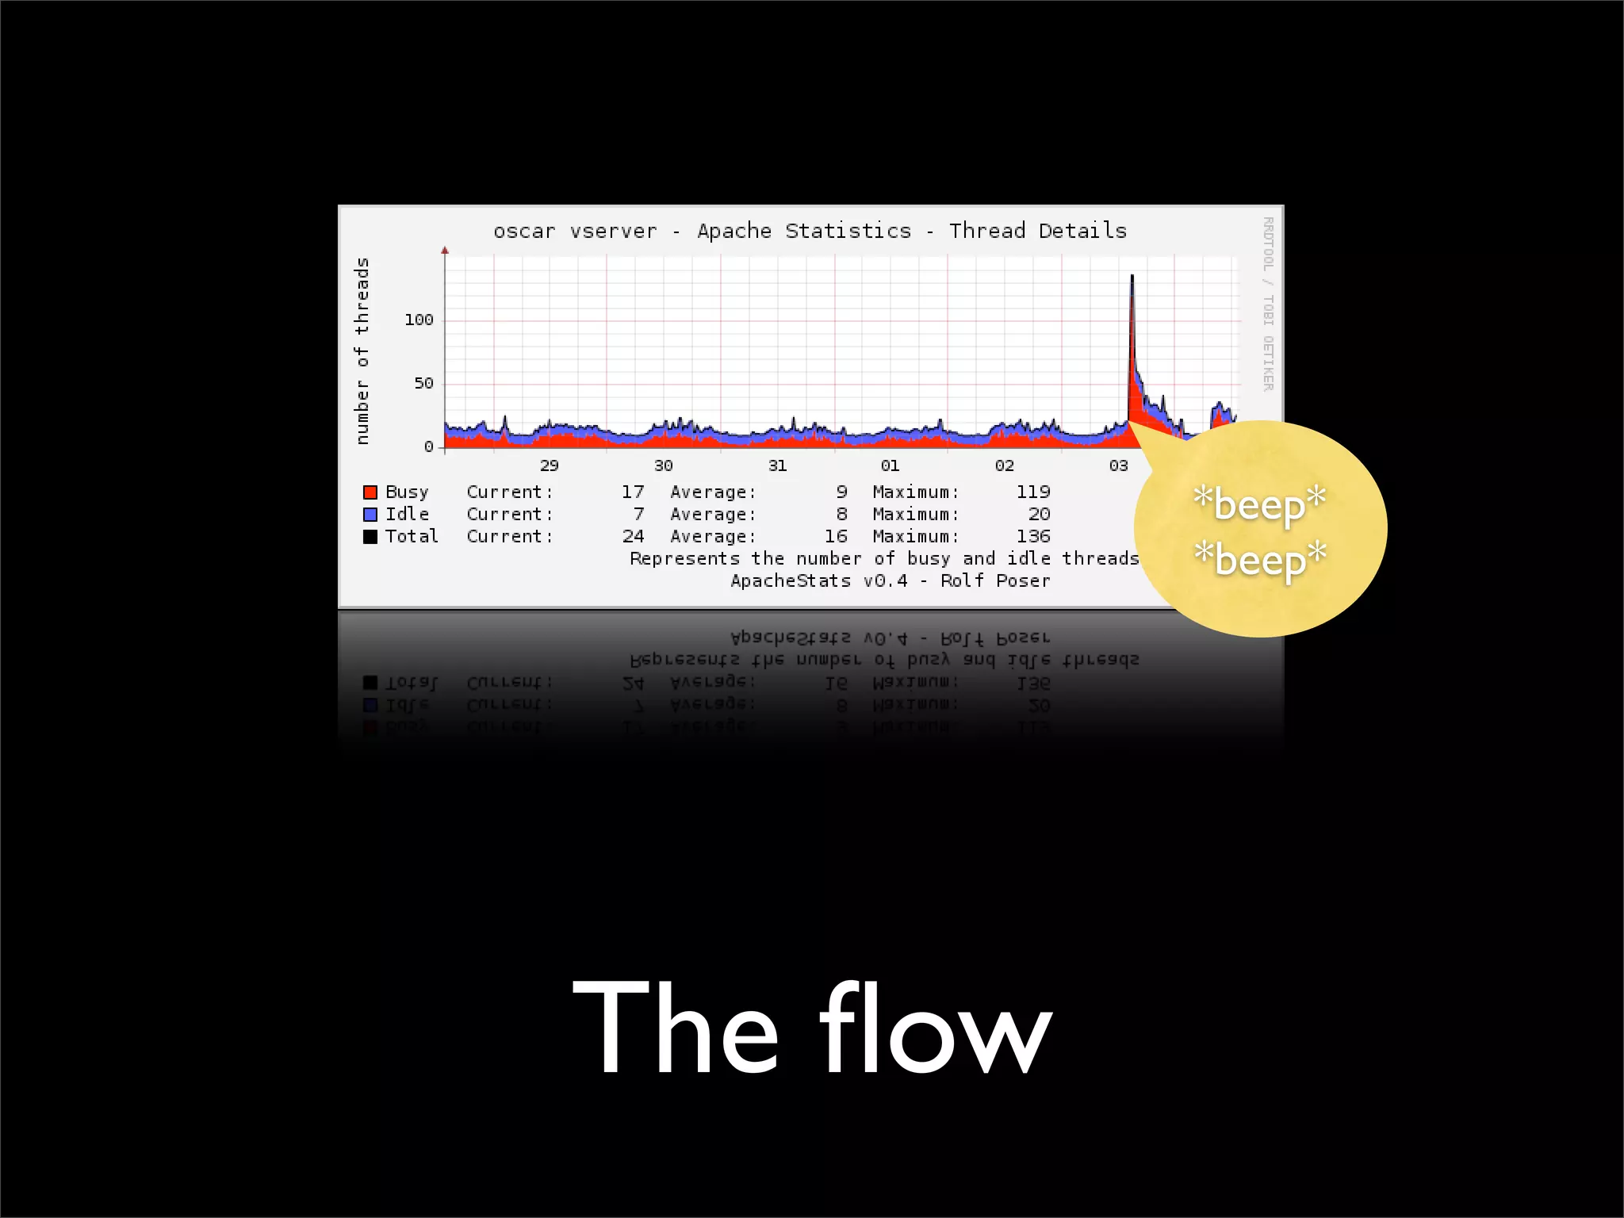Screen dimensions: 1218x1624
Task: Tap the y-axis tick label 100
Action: [x=419, y=320]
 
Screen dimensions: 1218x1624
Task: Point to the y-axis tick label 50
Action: [x=423, y=383]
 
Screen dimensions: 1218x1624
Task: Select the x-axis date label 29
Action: [x=549, y=465]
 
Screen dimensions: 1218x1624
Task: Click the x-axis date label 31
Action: [x=777, y=465]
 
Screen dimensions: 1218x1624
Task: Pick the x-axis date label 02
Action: [x=1004, y=465]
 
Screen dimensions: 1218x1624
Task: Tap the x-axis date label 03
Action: [x=1118, y=465]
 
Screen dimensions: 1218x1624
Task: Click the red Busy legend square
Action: [x=370, y=492]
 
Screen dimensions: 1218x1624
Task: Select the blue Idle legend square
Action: [x=370, y=515]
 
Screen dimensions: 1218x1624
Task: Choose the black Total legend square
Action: [x=370, y=537]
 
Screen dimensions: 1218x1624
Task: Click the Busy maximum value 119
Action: [x=1032, y=492]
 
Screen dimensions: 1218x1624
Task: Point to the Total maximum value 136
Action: [x=1032, y=537]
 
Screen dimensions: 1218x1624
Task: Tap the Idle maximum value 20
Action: [x=1039, y=515]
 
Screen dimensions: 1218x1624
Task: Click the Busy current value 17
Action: [x=633, y=492]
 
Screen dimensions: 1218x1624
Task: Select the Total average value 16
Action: [x=836, y=537]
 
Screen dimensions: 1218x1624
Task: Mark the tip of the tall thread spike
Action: [x=1132, y=275]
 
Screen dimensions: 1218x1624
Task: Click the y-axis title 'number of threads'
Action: [x=362, y=350]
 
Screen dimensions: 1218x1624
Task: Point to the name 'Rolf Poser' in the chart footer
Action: [x=995, y=581]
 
